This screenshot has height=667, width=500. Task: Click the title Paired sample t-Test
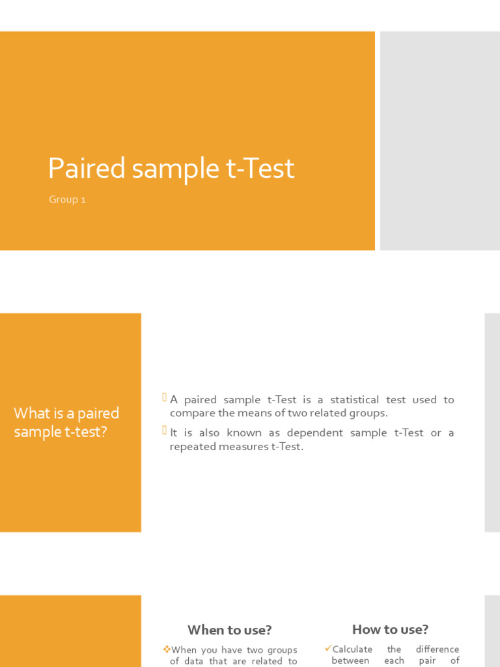[x=171, y=169]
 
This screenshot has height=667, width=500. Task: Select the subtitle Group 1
[x=67, y=200]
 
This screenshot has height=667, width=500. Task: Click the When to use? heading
[x=229, y=630]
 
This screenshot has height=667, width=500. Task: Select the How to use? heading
[x=390, y=629]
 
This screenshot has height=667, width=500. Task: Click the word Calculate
[x=352, y=649]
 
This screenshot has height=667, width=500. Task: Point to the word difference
[x=437, y=649]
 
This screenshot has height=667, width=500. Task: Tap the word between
[x=350, y=660]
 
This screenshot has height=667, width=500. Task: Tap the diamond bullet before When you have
[x=167, y=649]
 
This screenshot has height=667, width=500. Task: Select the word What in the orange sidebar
[x=27, y=414]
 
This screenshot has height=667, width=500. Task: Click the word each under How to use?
[x=394, y=660]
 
